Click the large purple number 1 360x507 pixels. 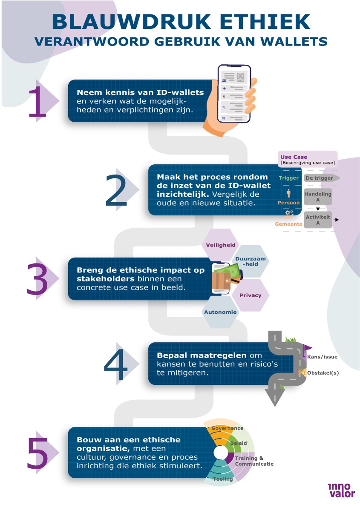pos(37,101)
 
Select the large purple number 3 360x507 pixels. pos(37,279)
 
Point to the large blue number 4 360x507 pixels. pos(116,364)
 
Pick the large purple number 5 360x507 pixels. pos(37,453)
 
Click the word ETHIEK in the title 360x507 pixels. pos(265,22)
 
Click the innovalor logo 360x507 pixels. pos(342,490)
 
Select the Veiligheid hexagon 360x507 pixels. pos(220,245)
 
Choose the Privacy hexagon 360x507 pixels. pos(250,295)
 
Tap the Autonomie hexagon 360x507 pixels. pos(220,312)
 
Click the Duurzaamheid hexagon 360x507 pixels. pos(251,261)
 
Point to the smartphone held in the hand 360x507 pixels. pos(234,94)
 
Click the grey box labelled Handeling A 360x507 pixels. pos(318,197)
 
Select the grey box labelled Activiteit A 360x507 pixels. pos(318,220)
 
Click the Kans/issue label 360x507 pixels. pos(323,357)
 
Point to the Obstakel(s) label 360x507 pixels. pos(323,373)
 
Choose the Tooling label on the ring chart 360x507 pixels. pos(223,479)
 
